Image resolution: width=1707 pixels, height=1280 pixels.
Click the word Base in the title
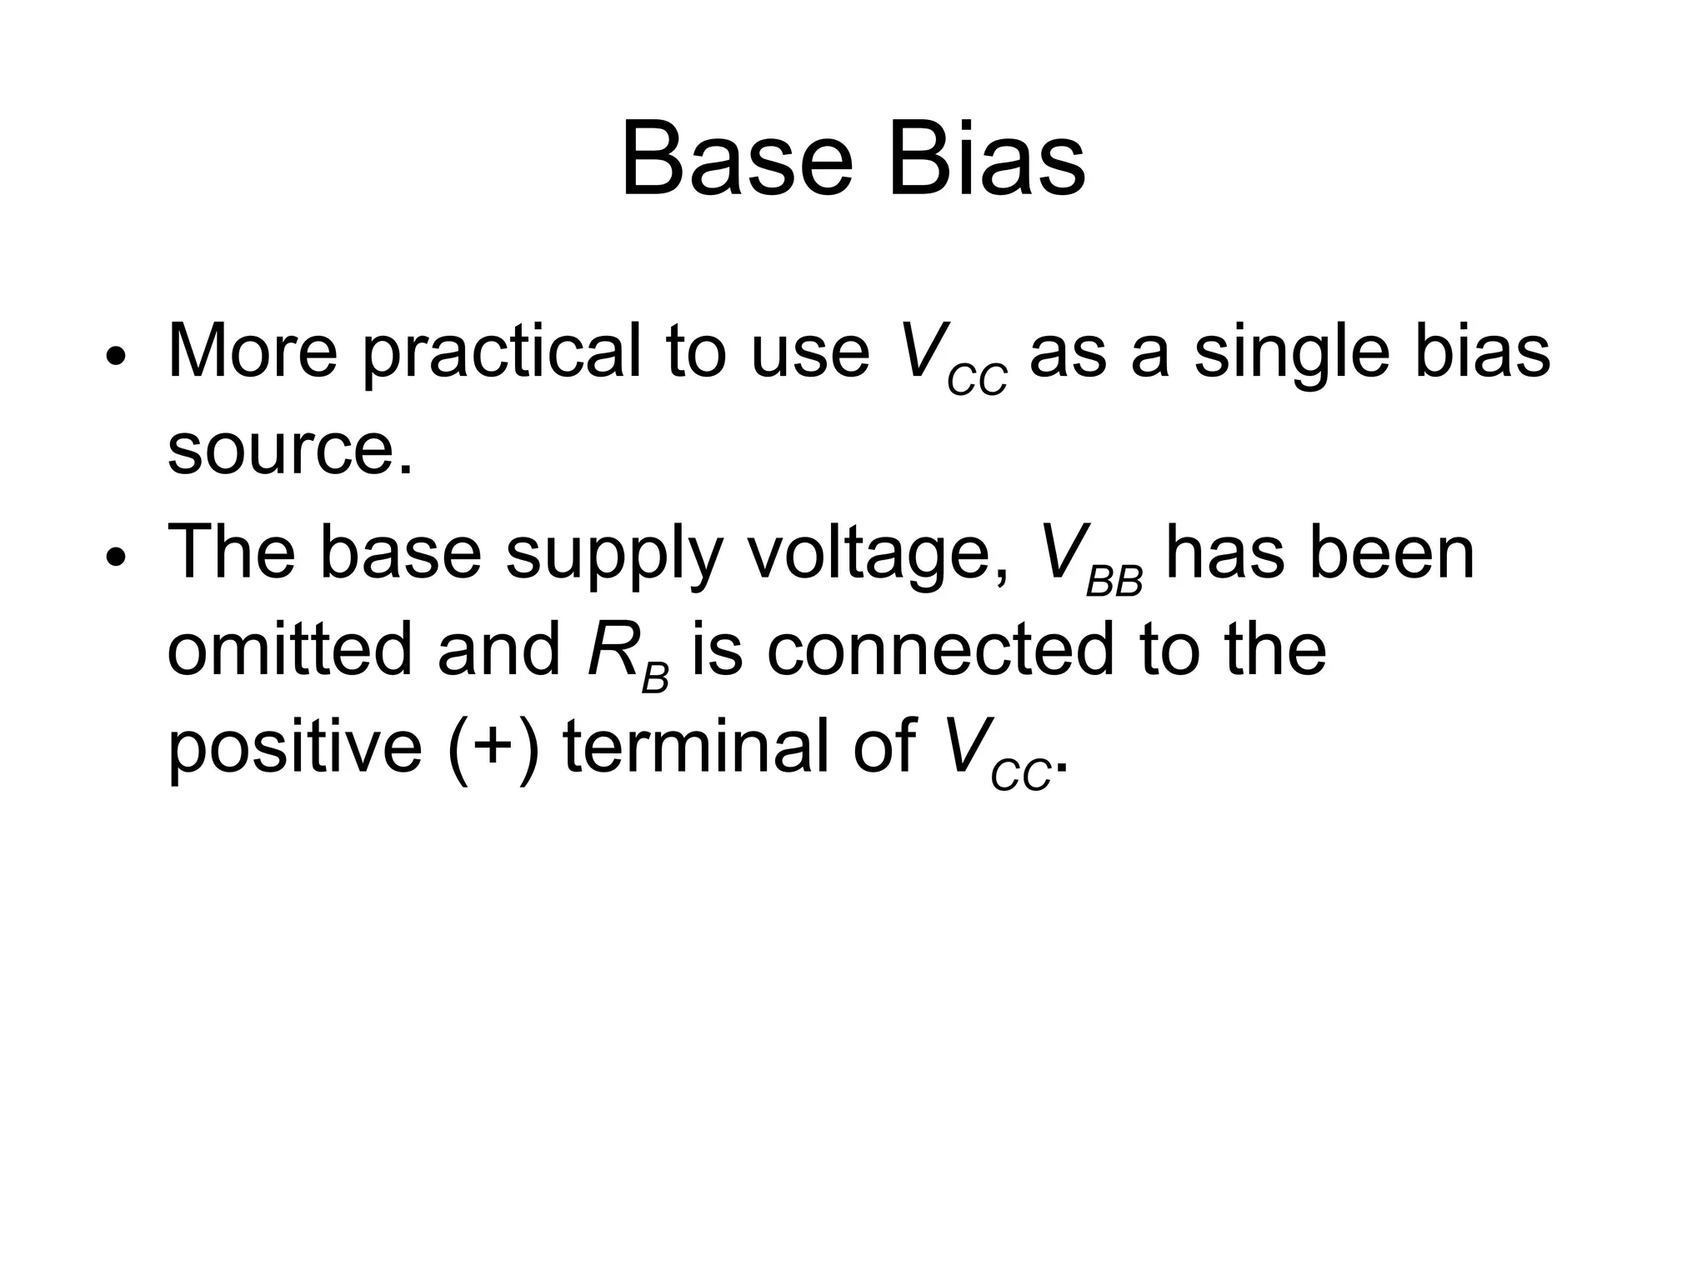pyautogui.click(x=737, y=158)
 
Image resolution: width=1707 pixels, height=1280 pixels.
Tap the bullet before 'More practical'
pyautogui.click(x=115, y=357)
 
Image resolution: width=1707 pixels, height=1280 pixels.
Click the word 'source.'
pyautogui.click(x=290, y=449)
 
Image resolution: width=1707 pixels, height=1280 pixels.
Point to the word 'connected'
pyautogui.click(x=940, y=650)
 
